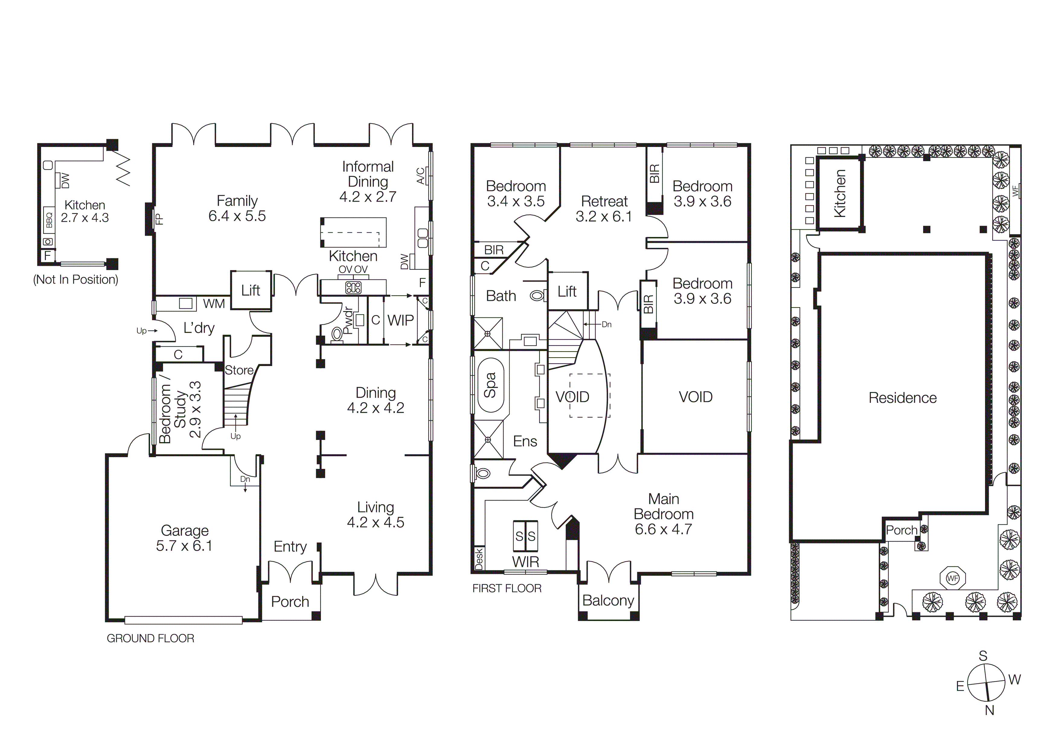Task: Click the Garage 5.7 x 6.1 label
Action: (184, 538)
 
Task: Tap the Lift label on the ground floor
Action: (251, 290)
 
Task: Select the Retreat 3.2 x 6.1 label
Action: (604, 209)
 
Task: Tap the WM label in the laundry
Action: (214, 304)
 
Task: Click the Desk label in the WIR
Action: (479, 558)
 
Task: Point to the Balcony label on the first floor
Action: (608, 600)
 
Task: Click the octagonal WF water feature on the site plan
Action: (952, 578)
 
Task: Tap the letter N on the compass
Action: (989, 710)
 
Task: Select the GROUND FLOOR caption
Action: (150, 638)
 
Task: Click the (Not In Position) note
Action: (76, 279)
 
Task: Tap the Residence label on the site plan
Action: (902, 398)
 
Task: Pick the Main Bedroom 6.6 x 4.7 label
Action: (663, 514)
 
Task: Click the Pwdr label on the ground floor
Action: (349, 321)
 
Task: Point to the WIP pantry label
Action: (400, 320)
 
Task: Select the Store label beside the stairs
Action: (239, 370)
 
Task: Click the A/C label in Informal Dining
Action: (421, 176)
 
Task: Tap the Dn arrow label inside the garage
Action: (245, 479)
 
